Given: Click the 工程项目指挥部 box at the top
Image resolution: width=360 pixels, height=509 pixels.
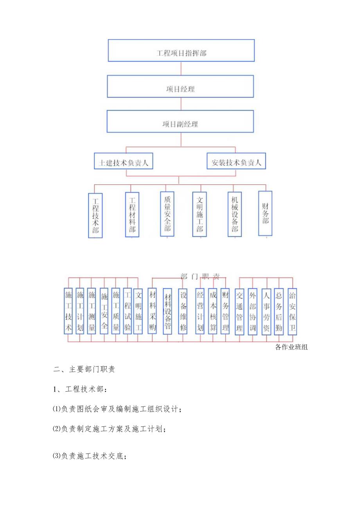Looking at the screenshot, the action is (x=181, y=50).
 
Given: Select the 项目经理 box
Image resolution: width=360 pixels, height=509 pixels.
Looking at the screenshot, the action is (x=180, y=86).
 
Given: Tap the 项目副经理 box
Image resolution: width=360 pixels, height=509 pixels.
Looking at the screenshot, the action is (x=180, y=121).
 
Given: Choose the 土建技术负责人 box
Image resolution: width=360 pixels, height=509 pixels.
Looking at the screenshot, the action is (x=123, y=161).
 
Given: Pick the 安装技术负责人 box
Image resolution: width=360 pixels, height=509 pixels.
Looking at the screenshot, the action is (x=236, y=161).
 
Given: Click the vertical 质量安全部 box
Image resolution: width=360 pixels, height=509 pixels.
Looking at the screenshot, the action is (x=167, y=214).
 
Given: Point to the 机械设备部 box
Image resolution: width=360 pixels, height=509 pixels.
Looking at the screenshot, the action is (x=234, y=214).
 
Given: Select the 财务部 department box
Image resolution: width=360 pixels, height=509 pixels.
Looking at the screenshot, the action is (x=265, y=213).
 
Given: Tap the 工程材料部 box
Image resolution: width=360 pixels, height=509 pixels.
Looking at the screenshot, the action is (x=132, y=214).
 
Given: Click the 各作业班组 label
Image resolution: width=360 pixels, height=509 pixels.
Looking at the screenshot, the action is (x=292, y=347).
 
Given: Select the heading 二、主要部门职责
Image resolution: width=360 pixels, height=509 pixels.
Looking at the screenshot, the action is (x=84, y=369).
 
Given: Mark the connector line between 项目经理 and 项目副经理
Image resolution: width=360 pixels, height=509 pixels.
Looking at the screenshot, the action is (x=181, y=104).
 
